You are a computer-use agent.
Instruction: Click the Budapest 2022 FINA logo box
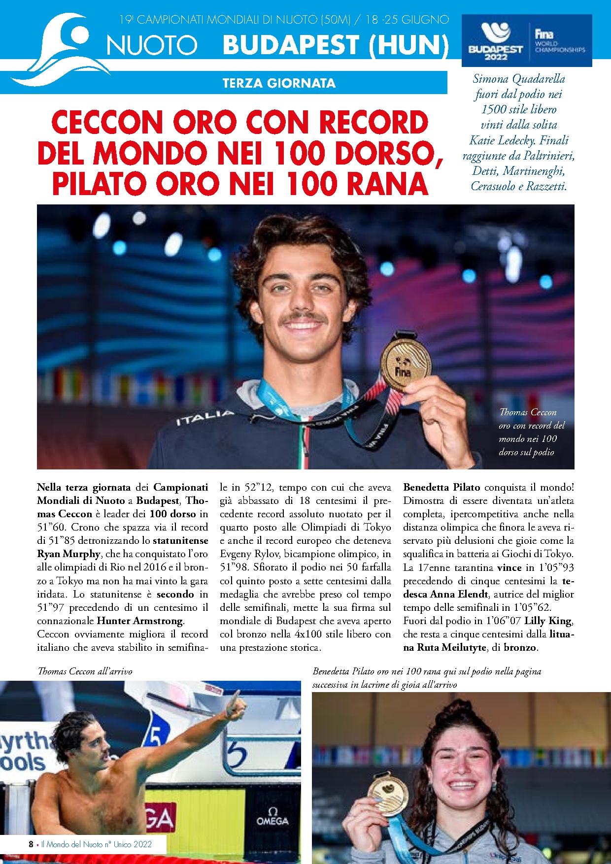point(526,40)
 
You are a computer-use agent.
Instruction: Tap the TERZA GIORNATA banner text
point(278,83)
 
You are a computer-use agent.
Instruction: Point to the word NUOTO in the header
point(152,45)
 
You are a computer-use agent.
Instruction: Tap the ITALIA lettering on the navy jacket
point(205,417)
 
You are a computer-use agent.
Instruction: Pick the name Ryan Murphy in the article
point(68,554)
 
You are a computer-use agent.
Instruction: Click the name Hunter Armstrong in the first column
point(140,621)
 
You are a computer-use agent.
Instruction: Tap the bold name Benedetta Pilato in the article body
point(441,487)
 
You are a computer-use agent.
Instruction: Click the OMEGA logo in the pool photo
point(272,818)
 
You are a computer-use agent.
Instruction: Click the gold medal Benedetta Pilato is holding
point(388,794)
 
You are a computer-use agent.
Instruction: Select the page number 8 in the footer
point(31,844)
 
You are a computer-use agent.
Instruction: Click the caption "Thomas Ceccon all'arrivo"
point(85,671)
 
